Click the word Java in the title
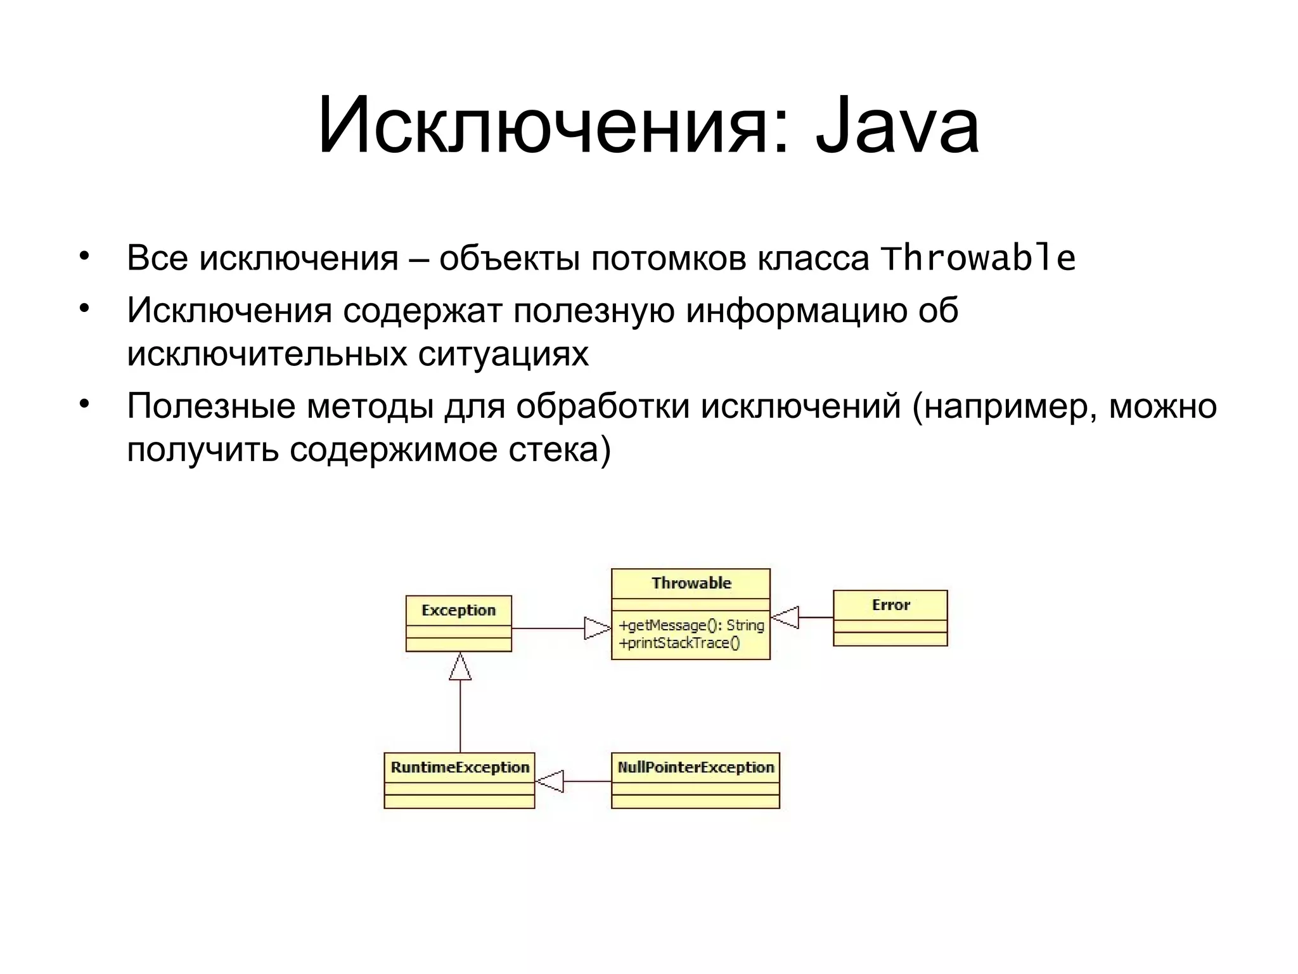[896, 126]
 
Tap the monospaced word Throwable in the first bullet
[978, 258]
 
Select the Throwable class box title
[691, 583]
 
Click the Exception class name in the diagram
[458, 610]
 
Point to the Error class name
[890, 605]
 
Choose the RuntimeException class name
[459, 767]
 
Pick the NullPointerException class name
[695, 767]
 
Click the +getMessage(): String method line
[691, 625]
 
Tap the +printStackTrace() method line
[679, 643]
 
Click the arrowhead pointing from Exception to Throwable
[596, 628]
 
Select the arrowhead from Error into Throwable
[785, 617]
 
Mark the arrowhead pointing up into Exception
[460, 666]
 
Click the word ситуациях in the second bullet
[503, 353]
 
